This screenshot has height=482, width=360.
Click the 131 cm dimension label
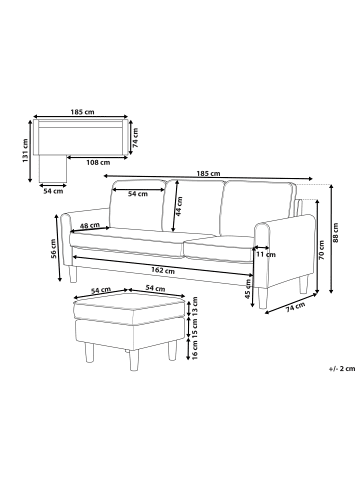tap(25, 151)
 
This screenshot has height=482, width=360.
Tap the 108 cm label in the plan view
tap(98, 163)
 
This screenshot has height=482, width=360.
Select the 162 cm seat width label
tap(163, 271)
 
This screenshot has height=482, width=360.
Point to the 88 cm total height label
tap(336, 232)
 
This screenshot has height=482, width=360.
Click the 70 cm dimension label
tap(321, 251)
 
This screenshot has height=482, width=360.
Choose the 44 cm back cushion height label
tap(179, 206)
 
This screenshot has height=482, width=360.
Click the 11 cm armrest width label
tap(266, 255)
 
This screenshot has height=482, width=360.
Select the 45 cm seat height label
tap(248, 289)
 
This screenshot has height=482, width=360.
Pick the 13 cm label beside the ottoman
tap(195, 306)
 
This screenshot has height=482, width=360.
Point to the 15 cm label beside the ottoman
tap(195, 328)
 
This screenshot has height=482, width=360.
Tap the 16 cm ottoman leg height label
tap(195, 349)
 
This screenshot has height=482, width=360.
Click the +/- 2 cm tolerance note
tap(341, 369)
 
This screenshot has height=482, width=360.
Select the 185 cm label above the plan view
tap(82, 112)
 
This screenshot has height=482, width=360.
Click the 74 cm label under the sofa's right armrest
tap(295, 307)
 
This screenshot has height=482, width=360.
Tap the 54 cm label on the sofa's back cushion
tap(138, 194)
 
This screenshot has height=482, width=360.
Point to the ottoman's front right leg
tap(172, 350)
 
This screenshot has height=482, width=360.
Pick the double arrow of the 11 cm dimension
tap(262, 247)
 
